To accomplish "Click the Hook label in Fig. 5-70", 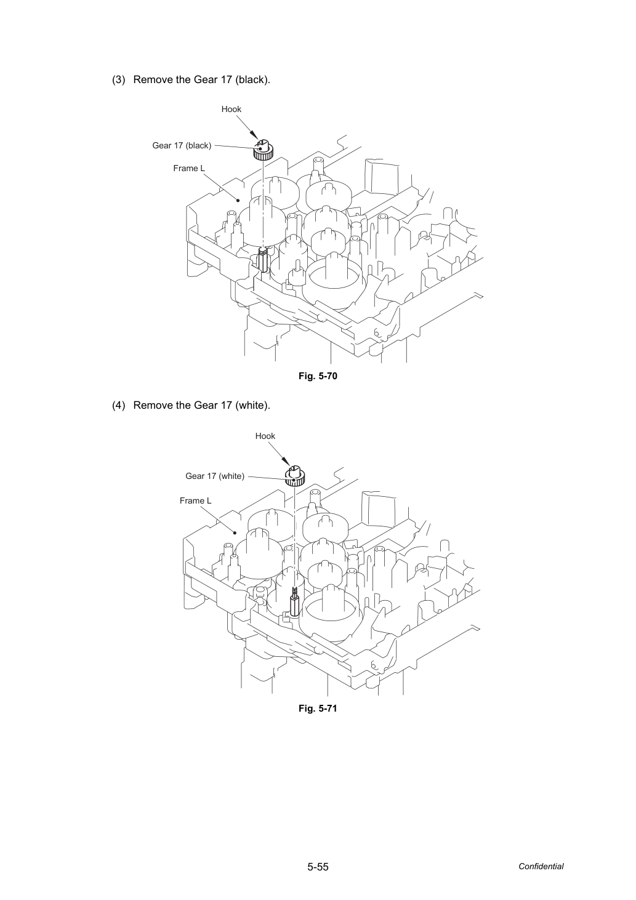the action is [x=231, y=110].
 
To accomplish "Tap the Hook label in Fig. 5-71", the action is [x=265, y=436].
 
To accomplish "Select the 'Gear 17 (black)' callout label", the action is [x=182, y=145].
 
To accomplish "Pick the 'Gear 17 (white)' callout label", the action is [x=215, y=476].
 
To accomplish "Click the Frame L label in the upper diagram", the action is [x=189, y=168].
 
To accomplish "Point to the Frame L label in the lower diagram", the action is [x=195, y=500].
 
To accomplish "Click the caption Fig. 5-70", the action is [x=318, y=376].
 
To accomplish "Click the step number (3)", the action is [x=119, y=79].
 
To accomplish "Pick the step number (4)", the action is [x=119, y=406].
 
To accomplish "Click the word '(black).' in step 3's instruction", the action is [x=252, y=79].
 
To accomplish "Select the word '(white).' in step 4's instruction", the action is [x=252, y=406].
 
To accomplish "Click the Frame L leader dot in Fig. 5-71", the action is [x=235, y=532].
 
